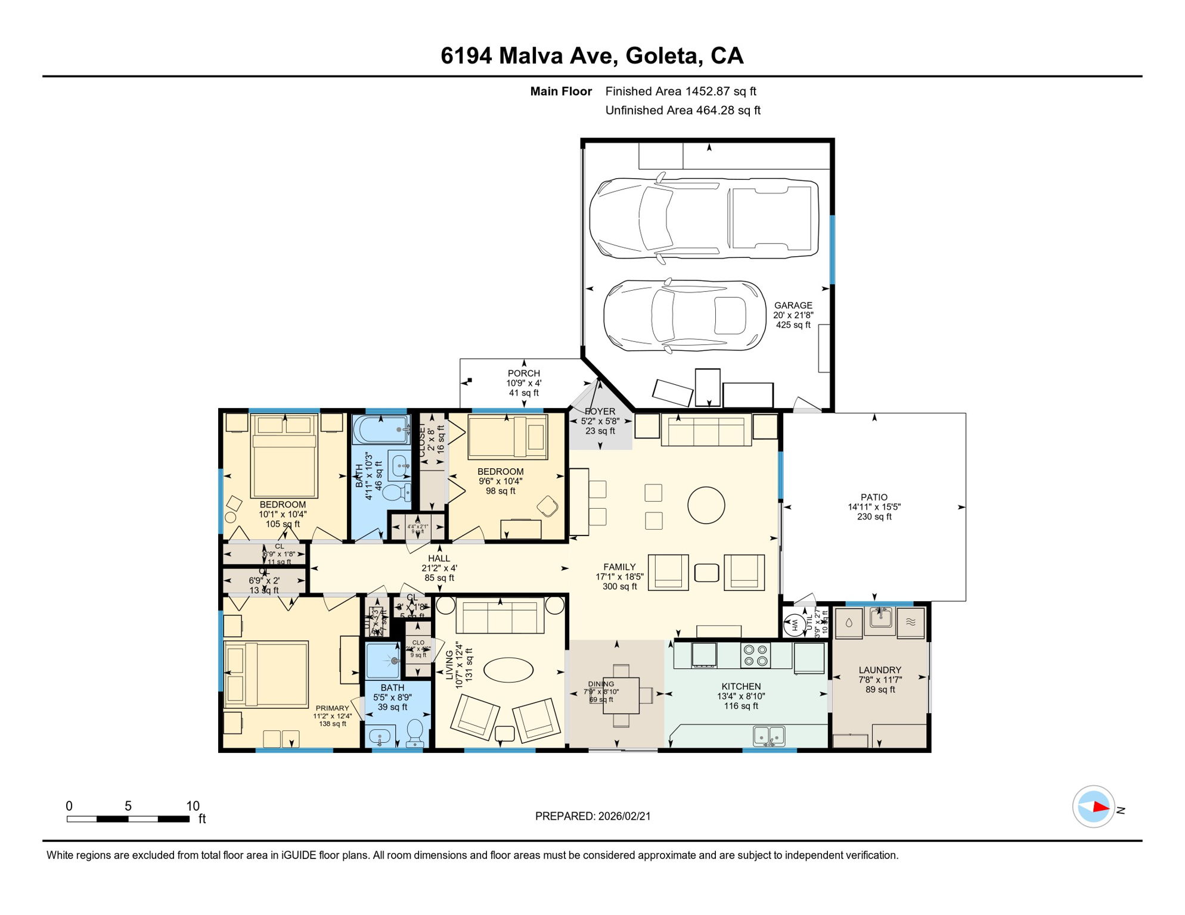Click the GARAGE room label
click(793, 305)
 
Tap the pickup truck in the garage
click(703, 219)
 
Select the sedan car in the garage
click(684, 315)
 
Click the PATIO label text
click(874, 497)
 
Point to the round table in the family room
click(706, 505)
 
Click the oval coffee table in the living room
click(508, 670)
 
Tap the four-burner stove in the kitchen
click(755, 655)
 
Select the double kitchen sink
click(769, 736)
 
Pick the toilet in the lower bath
click(414, 732)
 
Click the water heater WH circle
click(794, 625)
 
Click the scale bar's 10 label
click(193, 806)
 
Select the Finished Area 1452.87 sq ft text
click(680, 91)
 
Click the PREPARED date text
click(592, 816)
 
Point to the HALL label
click(439, 558)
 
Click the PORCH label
click(523, 374)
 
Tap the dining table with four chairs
click(621, 695)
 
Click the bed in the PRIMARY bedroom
click(266, 674)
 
